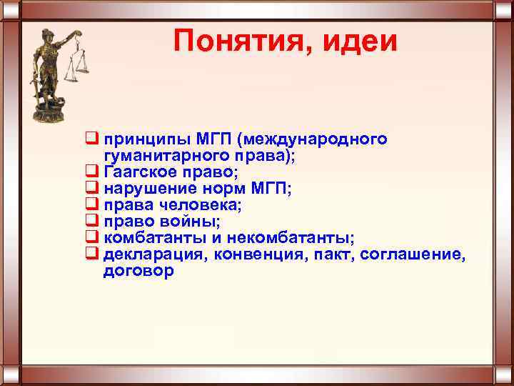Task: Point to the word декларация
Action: coord(150,255)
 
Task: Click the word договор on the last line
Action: coord(138,272)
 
